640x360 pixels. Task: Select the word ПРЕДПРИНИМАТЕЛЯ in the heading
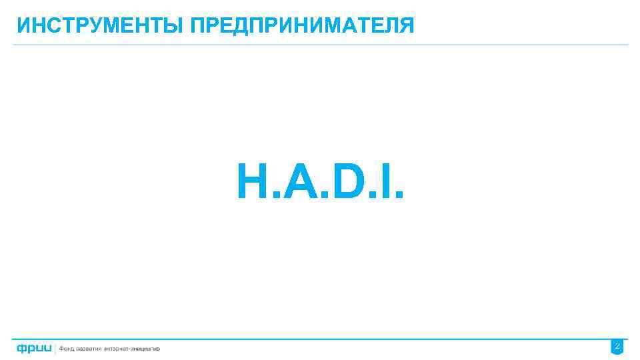(x=302, y=26)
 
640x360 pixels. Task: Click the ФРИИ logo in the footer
(x=34, y=348)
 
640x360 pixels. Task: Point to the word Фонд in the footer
(x=68, y=349)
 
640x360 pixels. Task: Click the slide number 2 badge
(x=617, y=347)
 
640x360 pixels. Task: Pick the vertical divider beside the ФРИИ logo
(x=56, y=348)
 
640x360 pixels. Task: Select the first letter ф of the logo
(x=22, y=348)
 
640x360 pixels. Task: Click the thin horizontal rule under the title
(x=320, y=45)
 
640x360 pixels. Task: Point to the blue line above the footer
(x=320, y=339)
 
